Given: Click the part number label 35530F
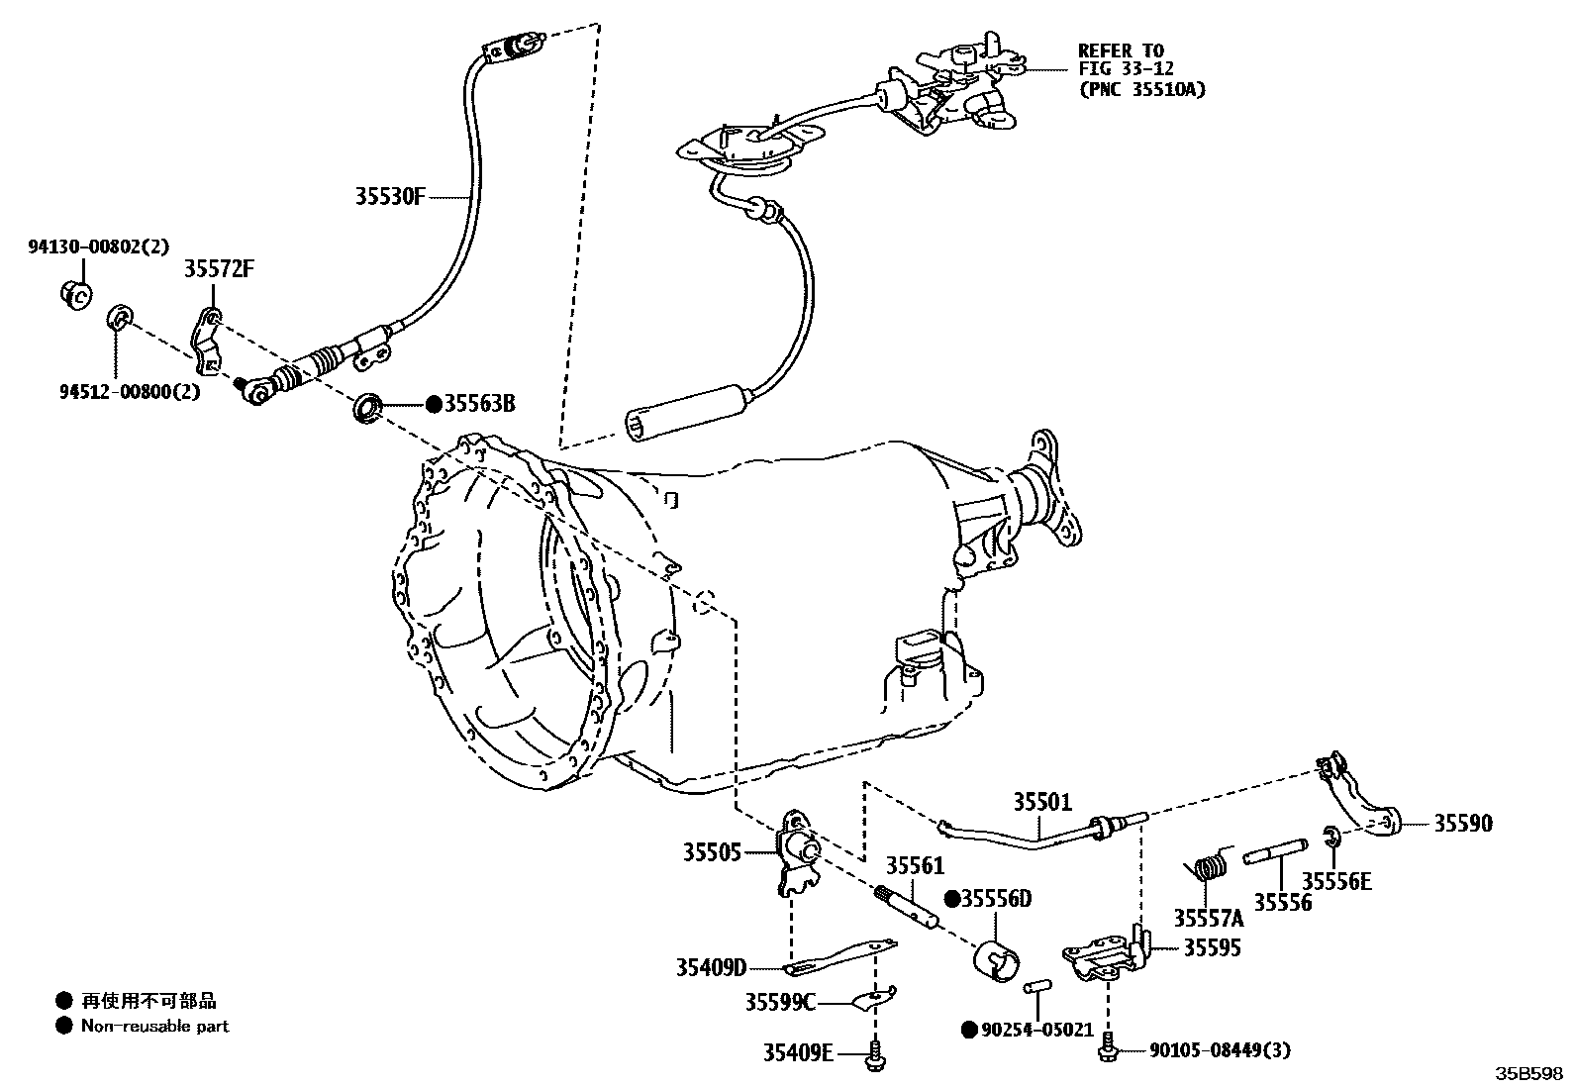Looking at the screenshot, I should [390, 196].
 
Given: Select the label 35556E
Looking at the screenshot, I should [1336, 880].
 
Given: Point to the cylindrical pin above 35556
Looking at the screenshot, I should [1277, 851].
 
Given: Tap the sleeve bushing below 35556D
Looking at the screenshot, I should [997, 960].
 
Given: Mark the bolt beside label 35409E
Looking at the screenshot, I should [874, 1055].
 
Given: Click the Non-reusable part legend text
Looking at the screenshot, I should [154, 1027].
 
